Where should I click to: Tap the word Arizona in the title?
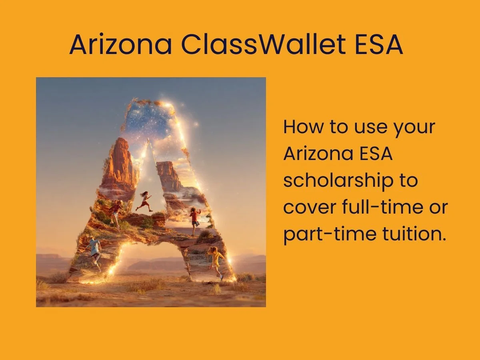(120, 45)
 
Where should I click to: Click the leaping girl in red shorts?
(144, 201)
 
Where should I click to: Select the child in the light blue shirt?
(94, 250)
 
